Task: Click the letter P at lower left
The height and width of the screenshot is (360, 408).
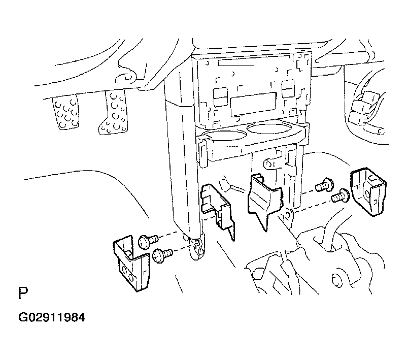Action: pos(23,293)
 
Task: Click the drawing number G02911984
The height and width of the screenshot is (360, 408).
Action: pos(52,317)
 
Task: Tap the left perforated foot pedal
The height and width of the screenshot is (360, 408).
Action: pos(65,112)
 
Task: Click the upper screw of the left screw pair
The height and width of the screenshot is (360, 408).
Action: pos(148,241)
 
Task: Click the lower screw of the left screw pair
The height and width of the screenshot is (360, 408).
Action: pos(162,254)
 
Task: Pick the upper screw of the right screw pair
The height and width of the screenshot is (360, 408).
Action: pos(324,184)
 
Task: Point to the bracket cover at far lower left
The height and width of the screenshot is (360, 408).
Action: pos(131,264)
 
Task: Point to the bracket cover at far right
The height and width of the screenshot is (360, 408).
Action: pos(368,192)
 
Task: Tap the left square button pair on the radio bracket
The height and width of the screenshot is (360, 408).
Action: pos(220,97)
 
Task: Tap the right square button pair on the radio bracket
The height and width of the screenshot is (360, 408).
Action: pos(288,88)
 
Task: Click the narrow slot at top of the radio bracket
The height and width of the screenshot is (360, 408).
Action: pos(236,62)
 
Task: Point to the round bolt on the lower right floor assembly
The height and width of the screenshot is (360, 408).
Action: pos(337,281)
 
